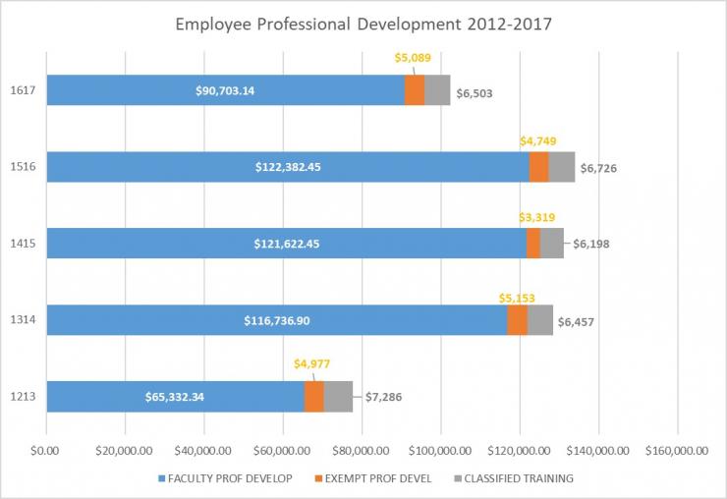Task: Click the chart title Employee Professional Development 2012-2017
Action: pyautogui.click(x=363, y=24)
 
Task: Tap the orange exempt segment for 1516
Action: pyautogui.click(x=538, y=167)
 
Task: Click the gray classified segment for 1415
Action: pyautogui.click(x=551, y=244)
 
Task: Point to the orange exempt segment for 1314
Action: pyautogui.click(x=517, y=320)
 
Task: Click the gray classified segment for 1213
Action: pyautogui.click(x=338, y=397)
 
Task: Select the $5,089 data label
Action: pyautogui.click(x=413, y=58)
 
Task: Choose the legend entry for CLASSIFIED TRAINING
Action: pyautogui.click(x=514, y=478)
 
